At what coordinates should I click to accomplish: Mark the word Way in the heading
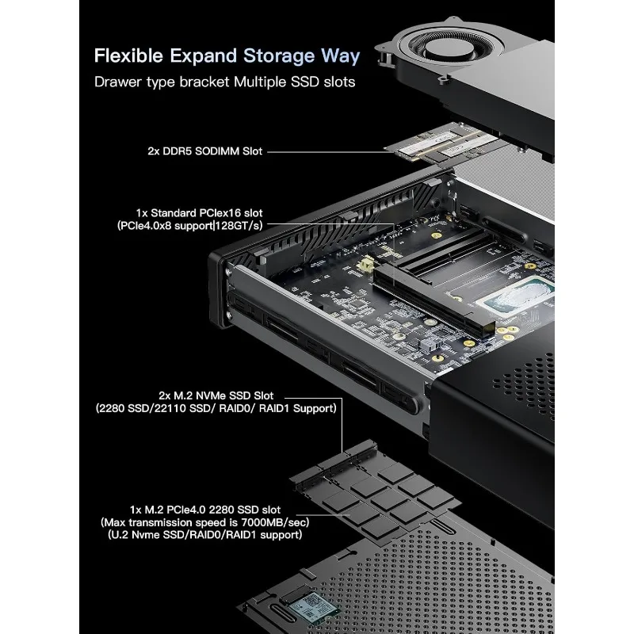[342, 56]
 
